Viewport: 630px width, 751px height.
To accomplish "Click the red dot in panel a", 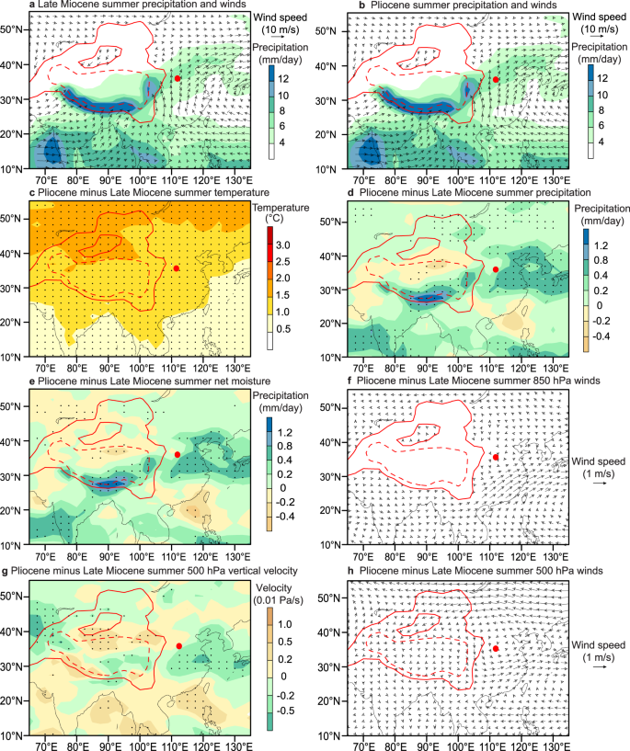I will pyautogui.click(x=177, y=79).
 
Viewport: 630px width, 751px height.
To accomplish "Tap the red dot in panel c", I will pyautogui.click(x=177, y=267).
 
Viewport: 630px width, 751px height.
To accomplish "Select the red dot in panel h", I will pyautogui.click(x=496, y=648).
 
